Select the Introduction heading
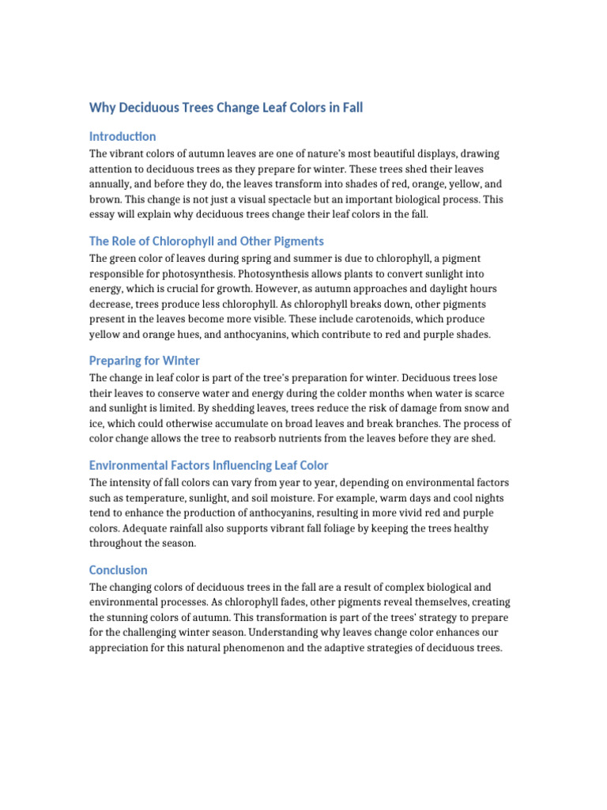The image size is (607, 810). coord(123,136)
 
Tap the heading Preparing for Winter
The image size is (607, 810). coord(145,361)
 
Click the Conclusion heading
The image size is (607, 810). coord(119,570)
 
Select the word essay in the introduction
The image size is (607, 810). coord(103,214)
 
